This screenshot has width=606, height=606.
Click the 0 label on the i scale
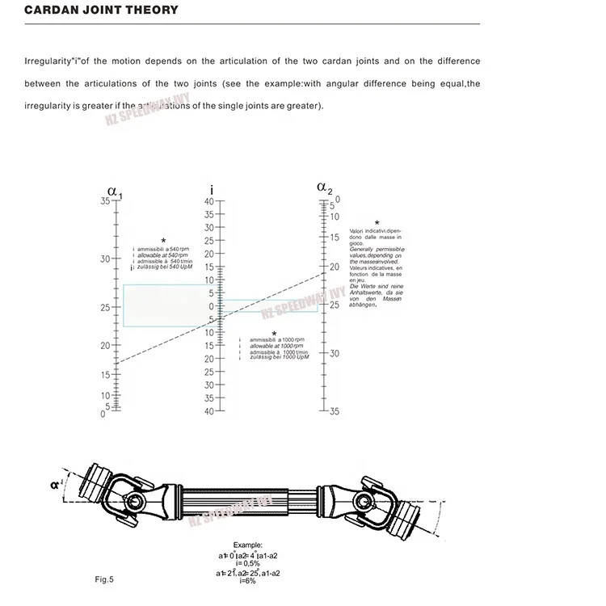point(213,306)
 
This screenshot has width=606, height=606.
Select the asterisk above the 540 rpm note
point(163,241)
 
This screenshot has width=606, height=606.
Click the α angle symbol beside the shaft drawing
point(53,485)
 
